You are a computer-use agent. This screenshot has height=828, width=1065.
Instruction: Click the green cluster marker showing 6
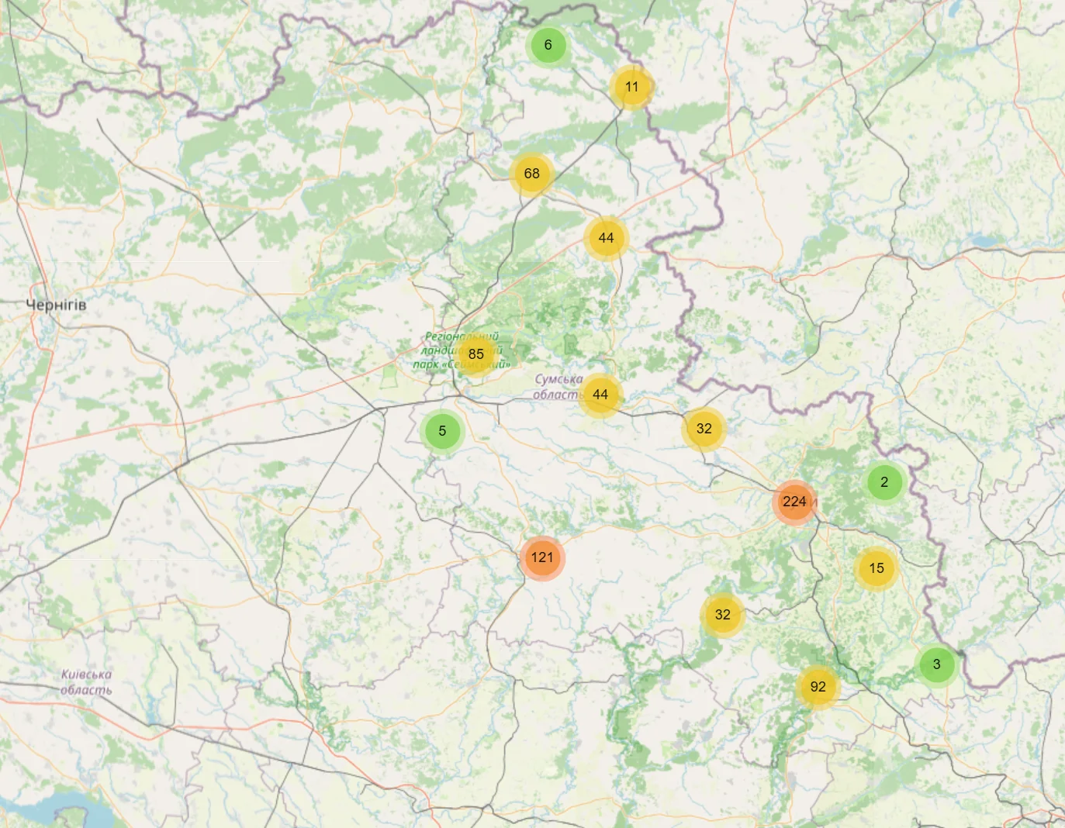click(x=548, y=45)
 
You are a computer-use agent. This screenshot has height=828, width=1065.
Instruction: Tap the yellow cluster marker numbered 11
click(x=631, y=87)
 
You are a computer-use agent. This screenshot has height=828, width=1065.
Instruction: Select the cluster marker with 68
click(x=531, y=174)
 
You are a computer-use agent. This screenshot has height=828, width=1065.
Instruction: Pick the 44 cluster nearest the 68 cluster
click(x=606, y=238)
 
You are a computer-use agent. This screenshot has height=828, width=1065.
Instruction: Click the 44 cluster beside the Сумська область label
click(x=600, y=395)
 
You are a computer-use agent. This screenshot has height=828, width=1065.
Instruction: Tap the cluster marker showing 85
click(x=475, y=354)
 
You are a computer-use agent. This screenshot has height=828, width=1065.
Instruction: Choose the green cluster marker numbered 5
click(x=442, y=431)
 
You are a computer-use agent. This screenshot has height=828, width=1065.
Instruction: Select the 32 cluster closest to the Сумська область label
click(x=704, y=429)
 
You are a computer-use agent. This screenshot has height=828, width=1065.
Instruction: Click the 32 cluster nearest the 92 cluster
click(x=722, y=615)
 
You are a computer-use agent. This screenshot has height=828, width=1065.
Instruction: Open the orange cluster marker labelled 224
click(x=794, y=502)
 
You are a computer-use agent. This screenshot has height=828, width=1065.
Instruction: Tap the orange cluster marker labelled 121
click(x=542, y=557)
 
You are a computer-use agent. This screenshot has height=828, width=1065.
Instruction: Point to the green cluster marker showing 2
click(x=884, y=482)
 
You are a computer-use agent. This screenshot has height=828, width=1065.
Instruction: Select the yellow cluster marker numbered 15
click(x=876, y=568)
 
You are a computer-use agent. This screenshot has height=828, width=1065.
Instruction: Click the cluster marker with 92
click(x=818, y=687)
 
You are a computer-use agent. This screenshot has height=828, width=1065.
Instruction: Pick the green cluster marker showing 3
click(x=936, y=664)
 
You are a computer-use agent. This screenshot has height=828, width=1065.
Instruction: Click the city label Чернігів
click(x=56, y=305)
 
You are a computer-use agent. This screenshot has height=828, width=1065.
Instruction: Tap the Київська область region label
click(x=86, y=682)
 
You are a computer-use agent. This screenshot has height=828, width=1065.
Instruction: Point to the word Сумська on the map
click(x=558, y=380)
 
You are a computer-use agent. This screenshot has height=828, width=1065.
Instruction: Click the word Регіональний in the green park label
click(x=462, y=337)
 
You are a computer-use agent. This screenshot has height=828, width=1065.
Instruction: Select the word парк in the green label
click(x=426, y=364)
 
